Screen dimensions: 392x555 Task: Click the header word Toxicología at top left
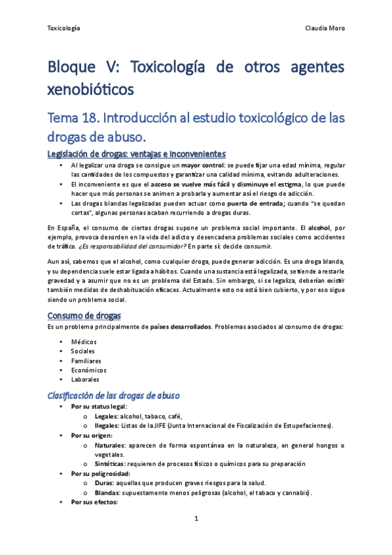coord(64,28)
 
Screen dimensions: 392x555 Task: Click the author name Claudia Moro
coord(325,28)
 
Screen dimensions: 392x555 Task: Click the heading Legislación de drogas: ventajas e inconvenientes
coord(137,154)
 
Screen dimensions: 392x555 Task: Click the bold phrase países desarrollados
coord(179,327)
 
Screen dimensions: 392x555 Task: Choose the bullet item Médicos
coord(84,342)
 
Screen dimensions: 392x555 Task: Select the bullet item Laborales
coord(86,379)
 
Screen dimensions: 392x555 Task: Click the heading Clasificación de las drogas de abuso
coord(114,396)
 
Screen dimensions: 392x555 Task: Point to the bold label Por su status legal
coord(99,406)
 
